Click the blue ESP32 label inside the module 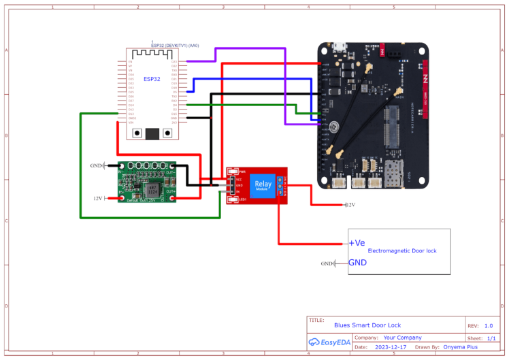tap(152, 79)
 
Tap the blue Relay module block tap(263, 184)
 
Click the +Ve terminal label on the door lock tap(357, 243)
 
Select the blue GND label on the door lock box tap(358, 263)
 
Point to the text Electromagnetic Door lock tap(401, 251)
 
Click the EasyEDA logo tap(330, 342)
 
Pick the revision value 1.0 tap(489, 325)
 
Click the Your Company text tap(402, 338)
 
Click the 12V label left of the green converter tap(97, 198)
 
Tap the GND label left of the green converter tap(96, 165)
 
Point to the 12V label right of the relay tap(350, 205)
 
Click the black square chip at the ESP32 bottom tap(152, 133)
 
